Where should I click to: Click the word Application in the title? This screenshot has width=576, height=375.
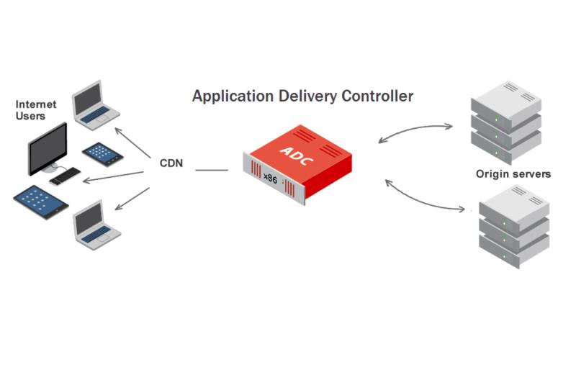click(233, 96)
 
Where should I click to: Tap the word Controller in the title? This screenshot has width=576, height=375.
click(377, 96)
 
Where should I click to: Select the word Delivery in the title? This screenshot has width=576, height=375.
click(308, 96)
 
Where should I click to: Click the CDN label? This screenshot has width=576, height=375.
click(171, 163)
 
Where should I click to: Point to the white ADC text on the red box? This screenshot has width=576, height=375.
click(297, 155)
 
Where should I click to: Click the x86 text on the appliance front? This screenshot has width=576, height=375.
click(270, 179)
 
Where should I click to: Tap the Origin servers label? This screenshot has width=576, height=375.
click(513, 173)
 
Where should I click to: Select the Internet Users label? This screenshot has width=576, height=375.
click(35, 110)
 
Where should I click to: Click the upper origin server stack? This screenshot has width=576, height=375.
click(506, 122)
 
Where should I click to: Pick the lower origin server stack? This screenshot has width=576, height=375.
click(514, 227)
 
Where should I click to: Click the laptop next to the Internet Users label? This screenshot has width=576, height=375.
click(96, 105)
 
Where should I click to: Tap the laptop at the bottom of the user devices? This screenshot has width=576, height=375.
click(96, 225)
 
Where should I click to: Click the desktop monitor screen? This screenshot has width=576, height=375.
click(48, 149)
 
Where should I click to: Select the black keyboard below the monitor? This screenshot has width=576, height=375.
click(65, 176)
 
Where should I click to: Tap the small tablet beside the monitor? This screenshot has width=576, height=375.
click(102, 154)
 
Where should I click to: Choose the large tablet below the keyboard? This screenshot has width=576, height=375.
click(41, 202)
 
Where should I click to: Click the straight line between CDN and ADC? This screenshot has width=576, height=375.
click(212, 170)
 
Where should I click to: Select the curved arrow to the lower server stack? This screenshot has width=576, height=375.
click(423, 199)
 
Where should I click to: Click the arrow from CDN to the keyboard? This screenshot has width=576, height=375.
click(113, 176)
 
